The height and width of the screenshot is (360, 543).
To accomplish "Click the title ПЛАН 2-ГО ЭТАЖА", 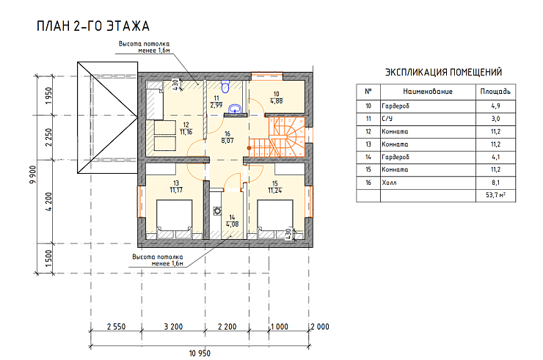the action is (92, 26).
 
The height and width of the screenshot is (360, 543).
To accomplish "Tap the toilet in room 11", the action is (225, 87).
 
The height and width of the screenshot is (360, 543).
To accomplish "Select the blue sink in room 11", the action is (236, 109).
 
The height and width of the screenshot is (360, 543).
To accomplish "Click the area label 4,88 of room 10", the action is (277, 101).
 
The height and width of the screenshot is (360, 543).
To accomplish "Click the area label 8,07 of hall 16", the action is (227, 141).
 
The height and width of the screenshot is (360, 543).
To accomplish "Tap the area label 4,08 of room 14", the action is (232, 224).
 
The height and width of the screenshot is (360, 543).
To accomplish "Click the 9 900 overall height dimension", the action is (33, 175).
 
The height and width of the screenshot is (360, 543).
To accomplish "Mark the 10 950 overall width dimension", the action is (200, 353).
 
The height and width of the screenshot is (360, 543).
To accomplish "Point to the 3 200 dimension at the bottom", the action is (173, 326).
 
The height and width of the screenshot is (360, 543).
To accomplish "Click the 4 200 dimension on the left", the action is (48, 202).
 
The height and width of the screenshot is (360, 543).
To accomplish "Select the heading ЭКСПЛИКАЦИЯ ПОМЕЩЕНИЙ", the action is (444, 72).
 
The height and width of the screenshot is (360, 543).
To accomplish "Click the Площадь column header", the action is (495, 92).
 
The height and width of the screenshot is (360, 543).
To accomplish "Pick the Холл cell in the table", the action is (389, 183).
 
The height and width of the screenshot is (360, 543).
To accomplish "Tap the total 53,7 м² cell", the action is (495, 195).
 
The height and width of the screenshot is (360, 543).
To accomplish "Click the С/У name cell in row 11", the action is (387, 119).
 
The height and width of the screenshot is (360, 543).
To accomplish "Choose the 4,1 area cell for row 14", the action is (495, 157).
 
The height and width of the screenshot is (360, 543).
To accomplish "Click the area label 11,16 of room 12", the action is (186, 132).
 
